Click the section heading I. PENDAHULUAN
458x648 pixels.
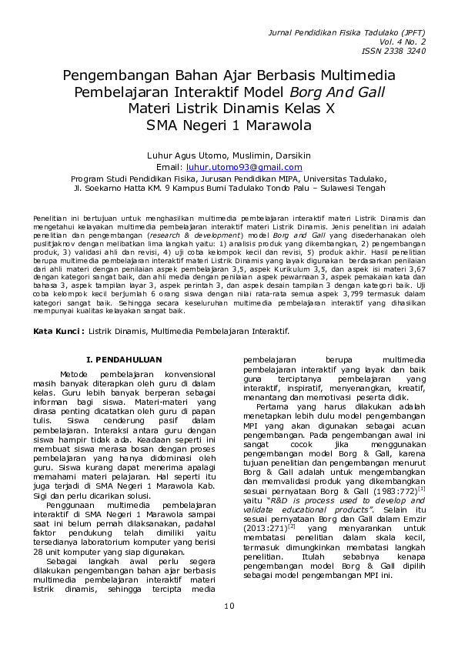124,359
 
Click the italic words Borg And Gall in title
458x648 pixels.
339,92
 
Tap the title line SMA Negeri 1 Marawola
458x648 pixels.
229,125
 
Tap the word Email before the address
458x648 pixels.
168,167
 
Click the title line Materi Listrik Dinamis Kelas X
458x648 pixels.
229,109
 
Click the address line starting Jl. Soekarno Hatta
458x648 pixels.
229,187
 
